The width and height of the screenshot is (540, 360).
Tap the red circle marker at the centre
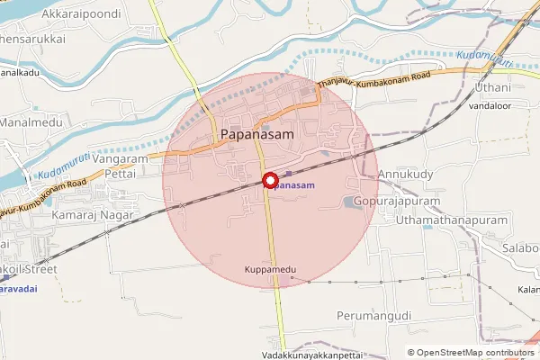click(269, 180)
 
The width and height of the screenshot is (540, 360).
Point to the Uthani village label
click(493, 87)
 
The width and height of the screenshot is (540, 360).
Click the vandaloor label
click(490, 105)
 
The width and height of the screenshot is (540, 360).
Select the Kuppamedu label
click(270, 270)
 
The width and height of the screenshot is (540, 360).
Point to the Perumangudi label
click(373, 316)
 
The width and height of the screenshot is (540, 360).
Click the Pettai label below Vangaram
click(120, 173)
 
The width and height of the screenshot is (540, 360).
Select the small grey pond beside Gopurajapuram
click(350, 202)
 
